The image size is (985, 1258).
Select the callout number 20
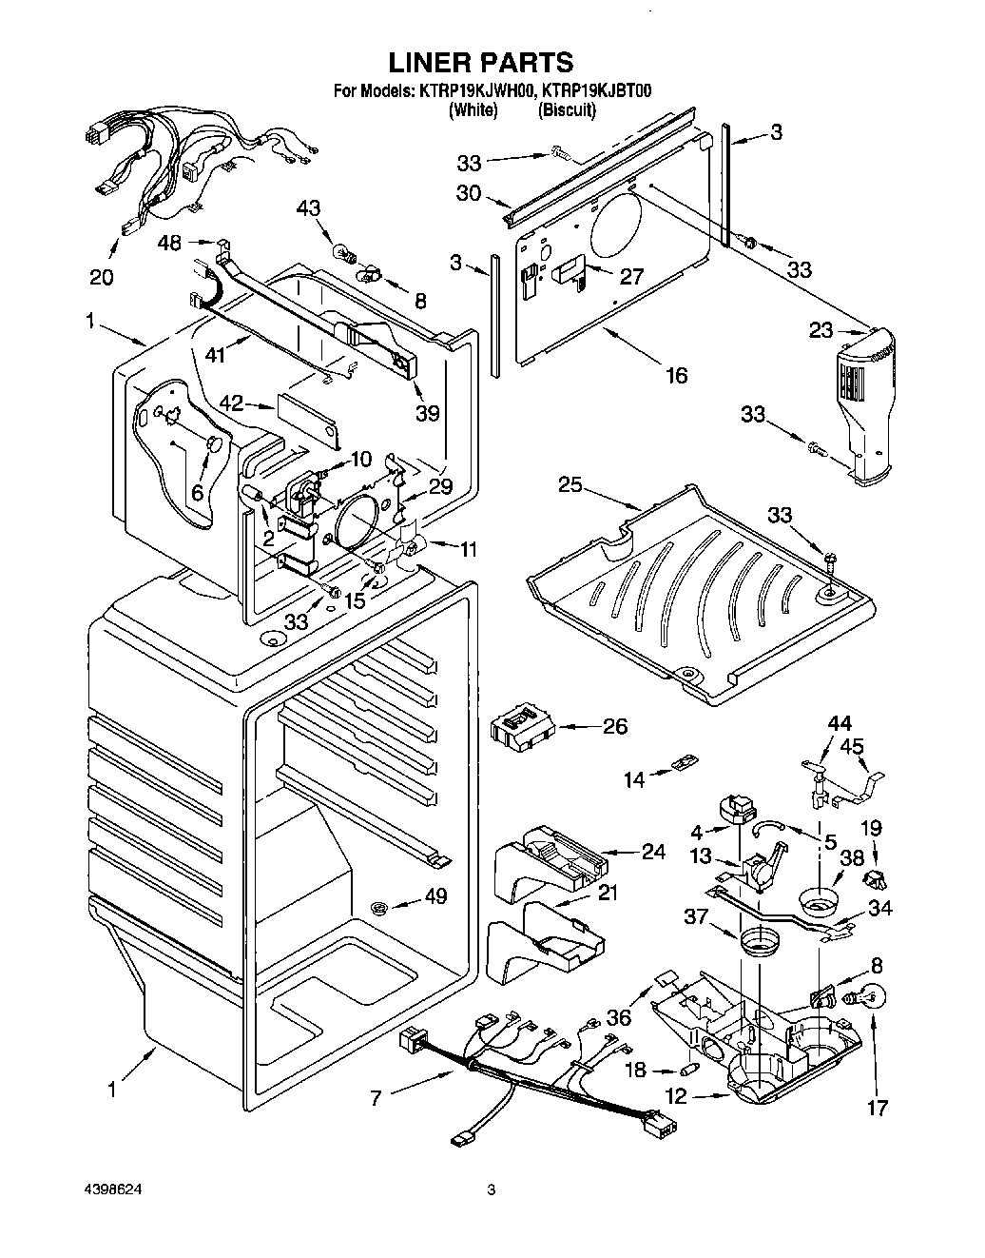pos(101,277)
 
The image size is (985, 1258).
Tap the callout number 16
pos(675,374)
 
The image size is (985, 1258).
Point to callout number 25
pos(570,485)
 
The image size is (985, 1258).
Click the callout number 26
pos(615,726)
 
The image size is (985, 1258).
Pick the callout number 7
pos(377,1098)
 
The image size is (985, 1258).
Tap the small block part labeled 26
pos(522,730)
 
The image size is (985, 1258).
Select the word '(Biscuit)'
pos(567,110)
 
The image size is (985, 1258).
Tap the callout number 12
pos(676,1097)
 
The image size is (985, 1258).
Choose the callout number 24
pos(653,852)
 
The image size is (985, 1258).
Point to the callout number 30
pos(468,193)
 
